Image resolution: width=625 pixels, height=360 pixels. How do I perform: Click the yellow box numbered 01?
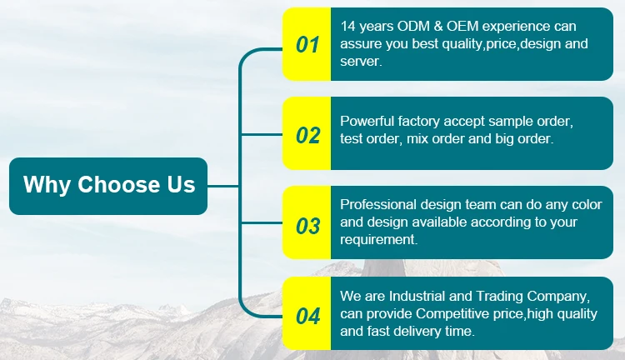point(307,45)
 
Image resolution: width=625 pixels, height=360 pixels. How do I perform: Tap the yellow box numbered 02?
point(307,134)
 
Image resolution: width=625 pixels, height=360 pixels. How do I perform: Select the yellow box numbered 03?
point(307,224)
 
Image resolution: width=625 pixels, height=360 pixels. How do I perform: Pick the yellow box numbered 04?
point(307,314)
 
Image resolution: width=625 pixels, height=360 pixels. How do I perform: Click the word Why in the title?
point(47,185)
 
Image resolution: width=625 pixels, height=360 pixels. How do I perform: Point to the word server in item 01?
point(360,62)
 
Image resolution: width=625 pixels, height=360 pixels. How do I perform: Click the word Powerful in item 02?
point(370,122)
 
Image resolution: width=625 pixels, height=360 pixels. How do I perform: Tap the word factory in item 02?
point(425,122)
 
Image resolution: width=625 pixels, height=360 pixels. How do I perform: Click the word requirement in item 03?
point(377,240)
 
